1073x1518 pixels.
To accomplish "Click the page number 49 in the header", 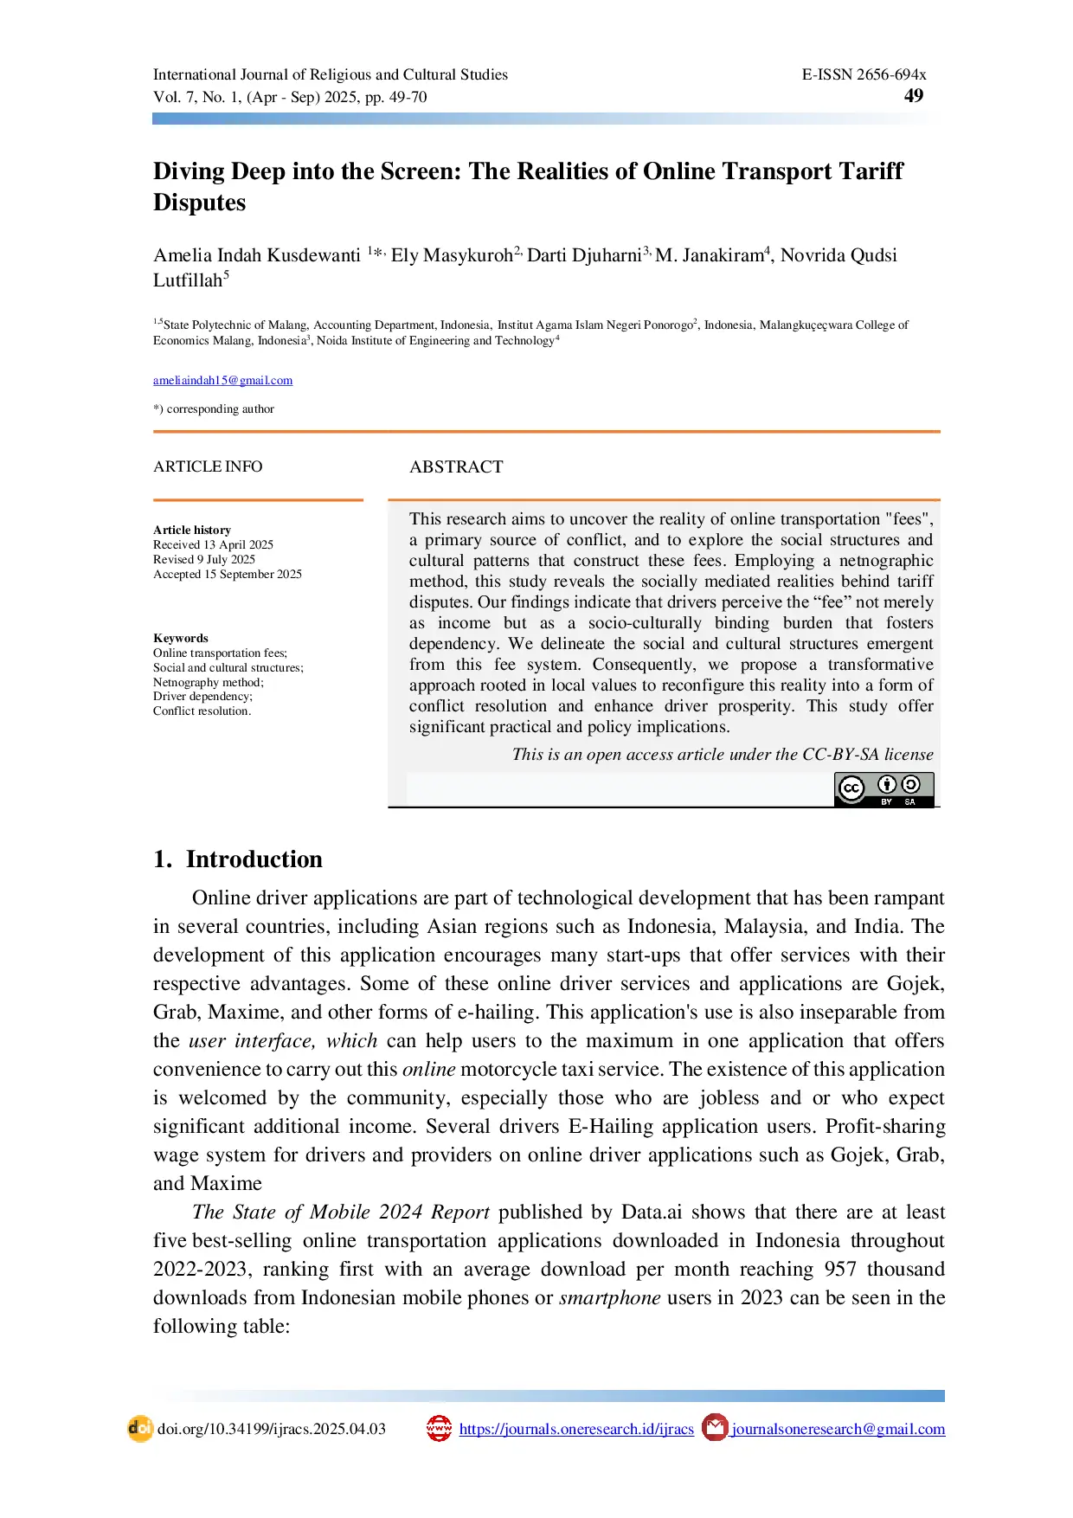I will pos(913,96).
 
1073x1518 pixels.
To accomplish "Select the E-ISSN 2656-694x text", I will pos(864,74).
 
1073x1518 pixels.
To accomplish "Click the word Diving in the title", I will pos(188,171).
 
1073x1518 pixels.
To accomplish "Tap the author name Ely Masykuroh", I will pos(453,255).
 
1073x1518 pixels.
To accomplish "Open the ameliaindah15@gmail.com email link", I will pos(222,380).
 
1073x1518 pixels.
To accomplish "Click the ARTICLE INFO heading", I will pos(208,466).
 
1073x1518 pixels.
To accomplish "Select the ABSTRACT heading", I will pos(456,467).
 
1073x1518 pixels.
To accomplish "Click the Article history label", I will pos(192,530).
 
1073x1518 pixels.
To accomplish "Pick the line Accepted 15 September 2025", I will pos(228,574).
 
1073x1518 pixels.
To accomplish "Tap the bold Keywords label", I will pos(181,638).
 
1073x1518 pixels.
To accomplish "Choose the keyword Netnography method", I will pos(208,682).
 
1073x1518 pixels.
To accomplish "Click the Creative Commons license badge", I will pos(883,789).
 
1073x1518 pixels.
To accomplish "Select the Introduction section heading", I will pos(254,859).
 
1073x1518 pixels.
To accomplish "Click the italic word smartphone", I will pos(610,1297).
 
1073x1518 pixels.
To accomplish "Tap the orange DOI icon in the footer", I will pos(140,1428).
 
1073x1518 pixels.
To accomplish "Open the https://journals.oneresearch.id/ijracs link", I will pos(576,1429).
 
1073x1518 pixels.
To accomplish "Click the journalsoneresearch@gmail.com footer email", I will pos(838,1429).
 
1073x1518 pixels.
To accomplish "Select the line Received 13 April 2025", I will pos(213,544).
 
